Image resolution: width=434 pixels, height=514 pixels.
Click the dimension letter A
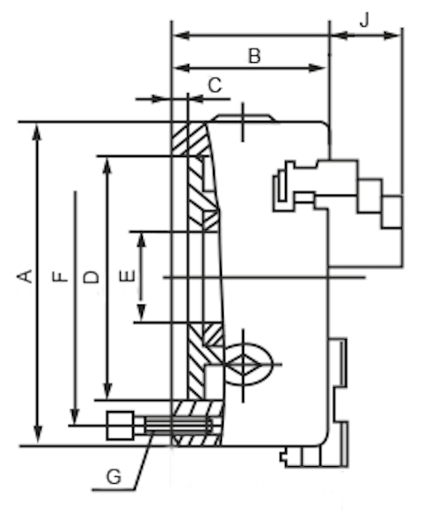click(25, 276)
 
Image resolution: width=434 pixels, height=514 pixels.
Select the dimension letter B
click(255, 56)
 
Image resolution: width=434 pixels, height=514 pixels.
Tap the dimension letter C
click(215, 85)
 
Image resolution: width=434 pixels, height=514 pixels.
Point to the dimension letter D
click(91, 277)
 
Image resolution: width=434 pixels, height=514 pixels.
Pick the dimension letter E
click(127, 276)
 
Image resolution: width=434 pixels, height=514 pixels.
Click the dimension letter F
click(60, 277)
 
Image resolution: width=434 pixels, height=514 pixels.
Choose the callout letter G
click(114, 477)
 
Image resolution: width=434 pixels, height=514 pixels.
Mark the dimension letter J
click(365, 20)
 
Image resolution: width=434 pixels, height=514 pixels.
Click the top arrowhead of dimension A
click(37, 132)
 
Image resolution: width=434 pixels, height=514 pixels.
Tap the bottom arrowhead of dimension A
click(38, 434)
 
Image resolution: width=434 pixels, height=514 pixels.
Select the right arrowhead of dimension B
click(316, 68)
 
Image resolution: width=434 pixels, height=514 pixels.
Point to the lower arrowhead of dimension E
click(141, 312)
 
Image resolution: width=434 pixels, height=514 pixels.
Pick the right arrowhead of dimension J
click(391, 36)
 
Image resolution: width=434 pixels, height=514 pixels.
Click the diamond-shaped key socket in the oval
click(243, 364)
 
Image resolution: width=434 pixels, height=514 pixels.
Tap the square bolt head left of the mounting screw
click(121, 425)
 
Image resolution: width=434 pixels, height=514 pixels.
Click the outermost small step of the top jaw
click(392, 212)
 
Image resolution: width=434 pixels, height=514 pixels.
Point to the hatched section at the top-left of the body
click(188, 139)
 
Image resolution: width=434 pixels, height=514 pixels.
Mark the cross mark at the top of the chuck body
click(242, 122)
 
